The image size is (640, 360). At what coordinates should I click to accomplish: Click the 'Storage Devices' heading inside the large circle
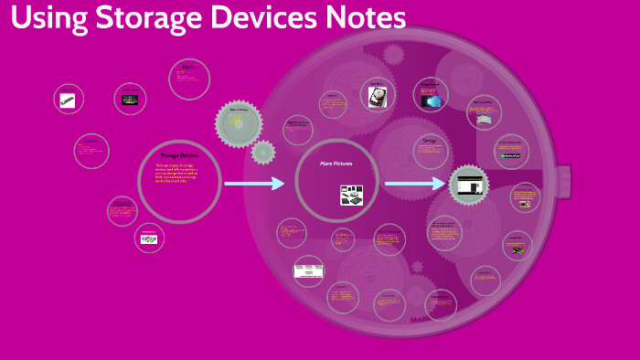[x=178, y=155]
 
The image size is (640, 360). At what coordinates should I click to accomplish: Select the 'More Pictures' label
[x=336, y=163]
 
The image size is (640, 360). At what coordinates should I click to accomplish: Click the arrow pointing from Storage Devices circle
[x=255, y=184]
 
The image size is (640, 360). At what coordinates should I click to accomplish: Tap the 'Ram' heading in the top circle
[x=188, y=67]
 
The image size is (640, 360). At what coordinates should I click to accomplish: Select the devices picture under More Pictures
[x=352, y=194]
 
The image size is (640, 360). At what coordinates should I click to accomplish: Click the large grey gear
[x=239, y=123]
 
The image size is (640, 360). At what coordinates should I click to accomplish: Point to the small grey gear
[x=263, y=152]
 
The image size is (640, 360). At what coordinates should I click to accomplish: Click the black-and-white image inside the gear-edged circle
[x=470, y=186]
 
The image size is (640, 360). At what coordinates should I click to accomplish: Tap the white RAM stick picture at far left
[x=68, y=101]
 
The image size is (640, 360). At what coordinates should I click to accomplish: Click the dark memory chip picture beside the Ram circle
[x=131, y=99]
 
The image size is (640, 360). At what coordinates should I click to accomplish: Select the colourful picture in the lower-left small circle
[x=149, y=239]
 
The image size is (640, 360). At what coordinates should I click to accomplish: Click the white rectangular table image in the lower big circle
[x=308, y=270]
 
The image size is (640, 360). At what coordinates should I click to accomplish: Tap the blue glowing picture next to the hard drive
[x=431, y=99]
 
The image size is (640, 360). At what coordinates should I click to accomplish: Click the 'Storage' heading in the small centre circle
[x=430, y=141]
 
